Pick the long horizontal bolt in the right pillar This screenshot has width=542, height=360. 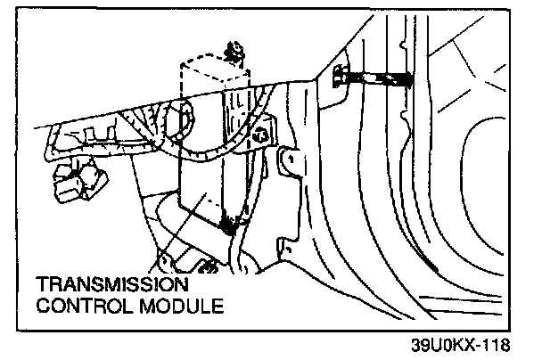click(x=374, y=80)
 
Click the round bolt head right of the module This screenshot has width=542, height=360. click(x=261, y=136)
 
